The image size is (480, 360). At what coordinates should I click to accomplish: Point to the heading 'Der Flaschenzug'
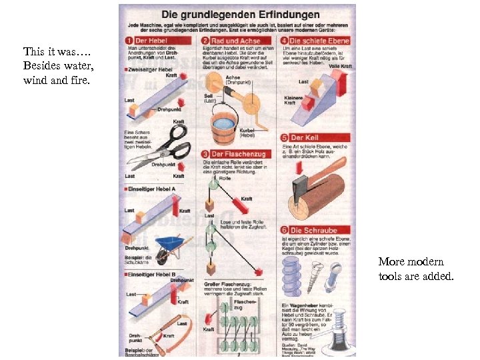tap(237, 153)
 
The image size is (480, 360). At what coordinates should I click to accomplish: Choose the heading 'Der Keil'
tap(304, 137)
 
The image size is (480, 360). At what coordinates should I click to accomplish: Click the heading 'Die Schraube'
tap(313, 231)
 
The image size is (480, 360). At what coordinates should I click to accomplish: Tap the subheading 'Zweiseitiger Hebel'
tap(147, 69)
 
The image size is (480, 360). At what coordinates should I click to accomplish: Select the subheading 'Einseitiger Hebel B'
tap(150, 274)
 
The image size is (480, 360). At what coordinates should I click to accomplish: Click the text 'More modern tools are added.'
tap(415, 269)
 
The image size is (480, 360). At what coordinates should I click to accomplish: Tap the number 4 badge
tap(283, 40)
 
